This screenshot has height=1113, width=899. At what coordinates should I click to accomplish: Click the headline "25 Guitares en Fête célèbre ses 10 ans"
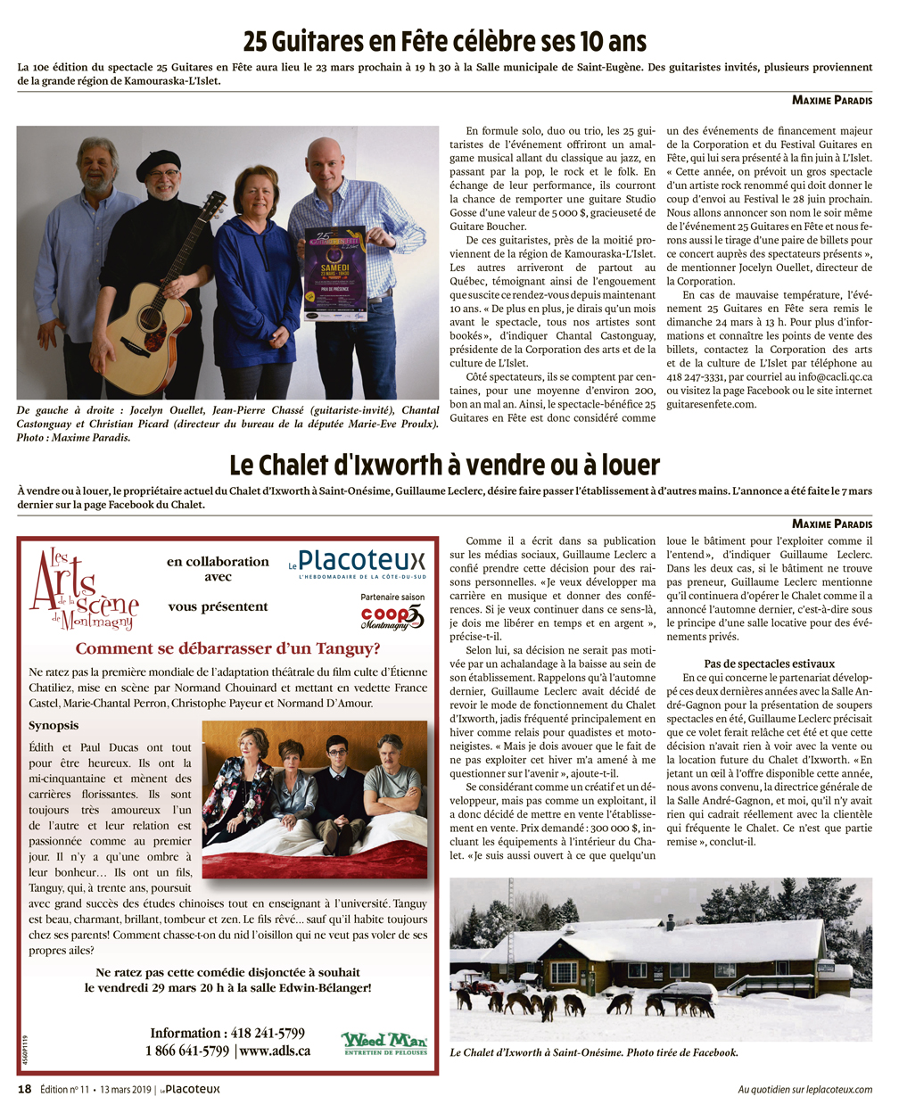pyautogui.click(x=444, y=41)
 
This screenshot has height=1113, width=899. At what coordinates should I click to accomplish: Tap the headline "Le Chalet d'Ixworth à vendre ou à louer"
pyautogui.click(x=444, y=465)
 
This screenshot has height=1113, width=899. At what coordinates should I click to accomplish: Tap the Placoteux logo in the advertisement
pyautogui.click(x=357, y=564)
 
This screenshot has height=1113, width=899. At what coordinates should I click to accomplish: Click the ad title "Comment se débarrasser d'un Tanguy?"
pyautogui.click(x=227, y=649)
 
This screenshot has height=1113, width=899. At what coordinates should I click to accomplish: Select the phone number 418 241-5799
pyautogui.click(x=268, y=1033)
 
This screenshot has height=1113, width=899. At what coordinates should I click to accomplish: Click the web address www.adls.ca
pyautogui.click(x=275, y=1051)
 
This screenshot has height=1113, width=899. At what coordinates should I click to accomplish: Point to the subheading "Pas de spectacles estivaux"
pyautogui.click(x=769, y=664)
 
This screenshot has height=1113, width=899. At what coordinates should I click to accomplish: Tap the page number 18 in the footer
pyautogui.click(x=24, y=1089)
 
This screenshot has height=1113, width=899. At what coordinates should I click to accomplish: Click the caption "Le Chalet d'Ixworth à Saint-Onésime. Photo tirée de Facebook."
pyautogui.click(x=594, y=1053)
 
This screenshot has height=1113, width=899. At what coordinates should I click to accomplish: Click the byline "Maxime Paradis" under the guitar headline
pyautogui.click(x=831, y=100)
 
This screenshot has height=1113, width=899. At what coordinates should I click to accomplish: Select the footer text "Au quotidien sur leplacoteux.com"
pyautogui.click(x=804, y=1089)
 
